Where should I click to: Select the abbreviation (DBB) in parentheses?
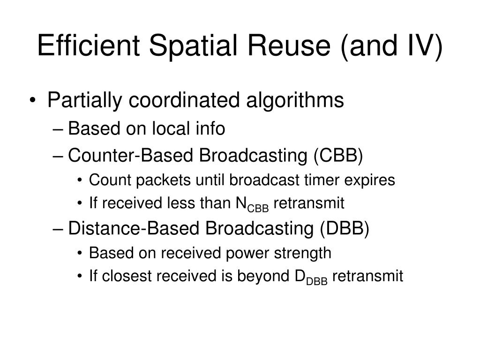point(345,229)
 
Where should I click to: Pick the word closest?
point(127,277)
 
